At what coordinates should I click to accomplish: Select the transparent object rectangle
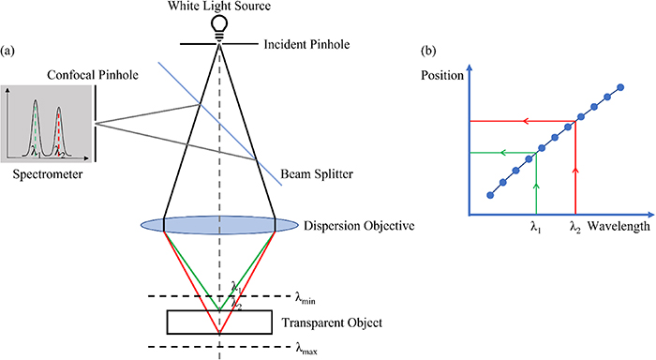point(220,322)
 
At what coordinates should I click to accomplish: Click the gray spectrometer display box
point(47,122)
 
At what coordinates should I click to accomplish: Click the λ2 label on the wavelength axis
point(575,227)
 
